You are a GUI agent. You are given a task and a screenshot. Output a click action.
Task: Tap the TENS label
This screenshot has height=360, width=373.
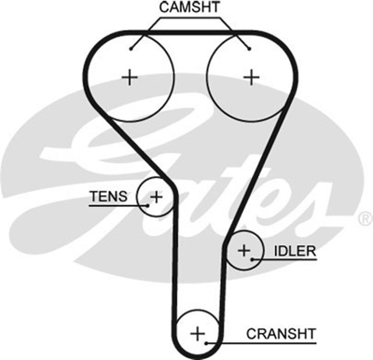[x=108, y=196]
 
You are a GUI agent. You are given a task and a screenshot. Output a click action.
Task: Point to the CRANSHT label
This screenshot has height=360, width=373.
[x=281, y=334]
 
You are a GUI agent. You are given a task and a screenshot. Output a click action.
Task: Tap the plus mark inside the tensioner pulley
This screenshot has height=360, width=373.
[x=156, y=196]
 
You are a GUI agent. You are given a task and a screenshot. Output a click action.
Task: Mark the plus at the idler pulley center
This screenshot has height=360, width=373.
[x=244, y=250]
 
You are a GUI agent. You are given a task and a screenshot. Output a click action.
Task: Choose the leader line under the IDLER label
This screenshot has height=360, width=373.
[x=286, y=260]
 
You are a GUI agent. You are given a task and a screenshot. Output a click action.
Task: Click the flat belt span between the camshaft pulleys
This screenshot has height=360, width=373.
[x=190, y=31]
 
